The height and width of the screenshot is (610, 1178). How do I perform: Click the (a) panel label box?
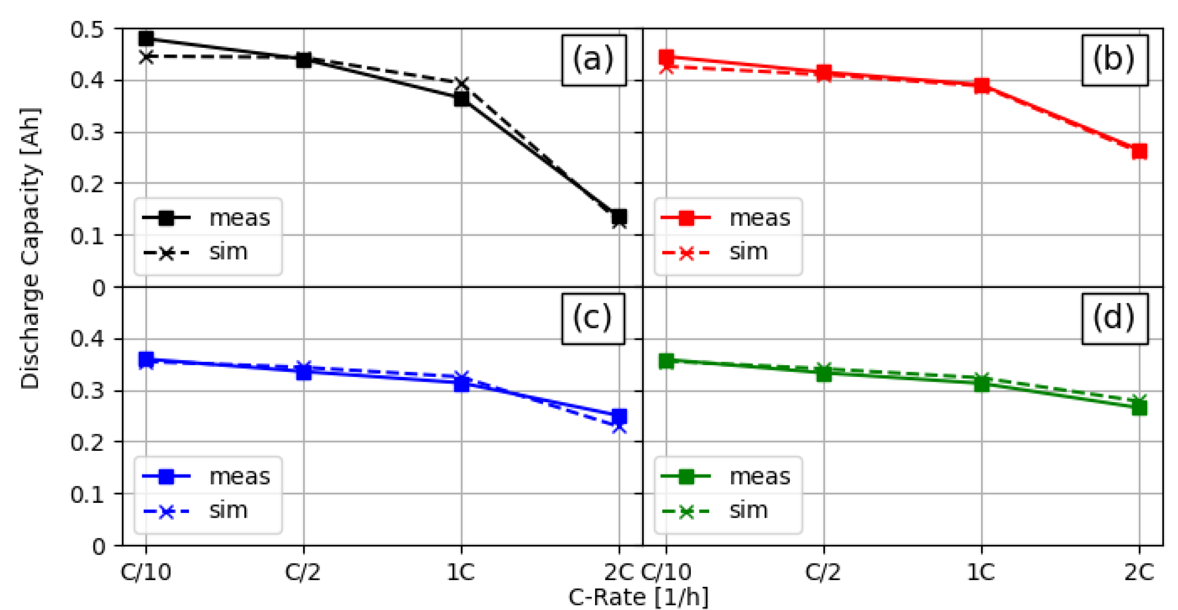tap(594, 60)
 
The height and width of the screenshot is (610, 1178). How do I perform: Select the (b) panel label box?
tap(1114, 60)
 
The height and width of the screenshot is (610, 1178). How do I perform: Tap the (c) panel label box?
tap(593, 318)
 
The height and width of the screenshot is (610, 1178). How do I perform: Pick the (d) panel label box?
tap(1114, 318)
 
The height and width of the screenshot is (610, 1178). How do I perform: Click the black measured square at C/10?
tap(146, 38)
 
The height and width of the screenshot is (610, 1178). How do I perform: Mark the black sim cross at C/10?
tap(146, 57)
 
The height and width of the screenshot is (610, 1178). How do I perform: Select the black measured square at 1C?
tap(462, 99)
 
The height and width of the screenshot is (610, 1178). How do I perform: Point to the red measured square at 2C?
tap(1139, 152)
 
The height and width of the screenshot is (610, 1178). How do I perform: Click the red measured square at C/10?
tap(666, 57)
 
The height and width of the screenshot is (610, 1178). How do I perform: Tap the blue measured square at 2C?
tap(619, 416)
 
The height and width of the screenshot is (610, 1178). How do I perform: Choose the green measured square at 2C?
tap(1139, 407)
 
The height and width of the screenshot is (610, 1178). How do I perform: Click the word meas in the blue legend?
tap(240, 476)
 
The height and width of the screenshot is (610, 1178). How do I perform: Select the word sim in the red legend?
tap(748, 251)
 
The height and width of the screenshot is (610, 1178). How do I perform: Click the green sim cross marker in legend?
tap(686, 511)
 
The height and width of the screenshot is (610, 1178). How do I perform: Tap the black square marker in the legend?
tap(166, 218)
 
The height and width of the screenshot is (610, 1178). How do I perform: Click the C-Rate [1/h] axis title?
tap(638, 597)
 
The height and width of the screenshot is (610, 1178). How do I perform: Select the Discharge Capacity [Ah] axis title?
tap(30, 249)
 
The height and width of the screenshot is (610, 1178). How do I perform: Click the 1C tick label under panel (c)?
tap(461, 572)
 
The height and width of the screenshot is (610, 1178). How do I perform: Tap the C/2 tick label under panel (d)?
tap(823, 572)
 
